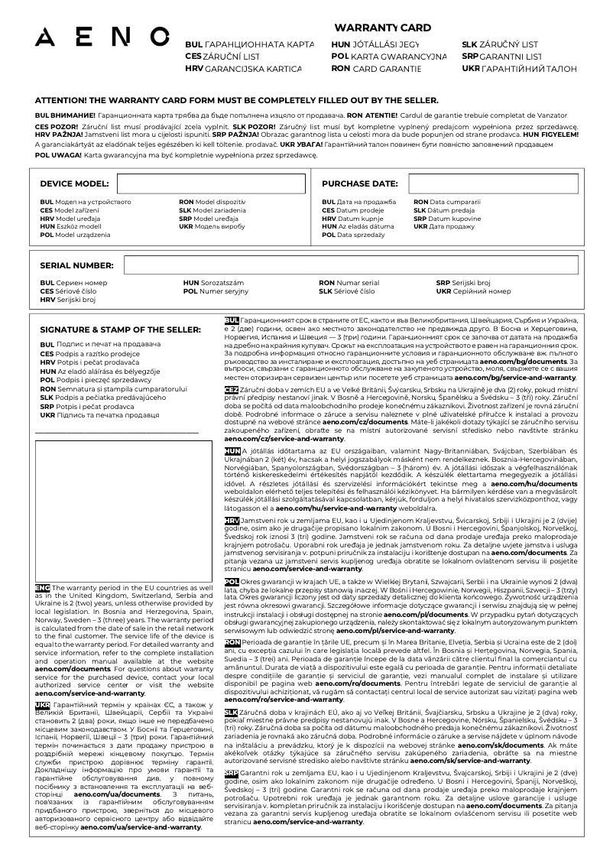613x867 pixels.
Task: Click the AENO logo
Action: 102,36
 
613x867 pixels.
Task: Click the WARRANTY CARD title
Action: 382,28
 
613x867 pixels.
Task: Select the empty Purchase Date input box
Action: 493,184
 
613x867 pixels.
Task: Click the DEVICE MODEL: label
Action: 74,184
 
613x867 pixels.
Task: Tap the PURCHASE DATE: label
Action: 359,184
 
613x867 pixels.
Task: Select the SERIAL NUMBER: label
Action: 76,265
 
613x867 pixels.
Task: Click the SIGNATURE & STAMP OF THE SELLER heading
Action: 120,330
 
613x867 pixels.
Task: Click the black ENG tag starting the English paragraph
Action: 42,587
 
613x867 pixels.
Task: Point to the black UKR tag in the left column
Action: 42,705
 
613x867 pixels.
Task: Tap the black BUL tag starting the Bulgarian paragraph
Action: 231,320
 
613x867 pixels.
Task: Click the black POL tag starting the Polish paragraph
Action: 231,582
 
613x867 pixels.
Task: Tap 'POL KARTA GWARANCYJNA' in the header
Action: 389,57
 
